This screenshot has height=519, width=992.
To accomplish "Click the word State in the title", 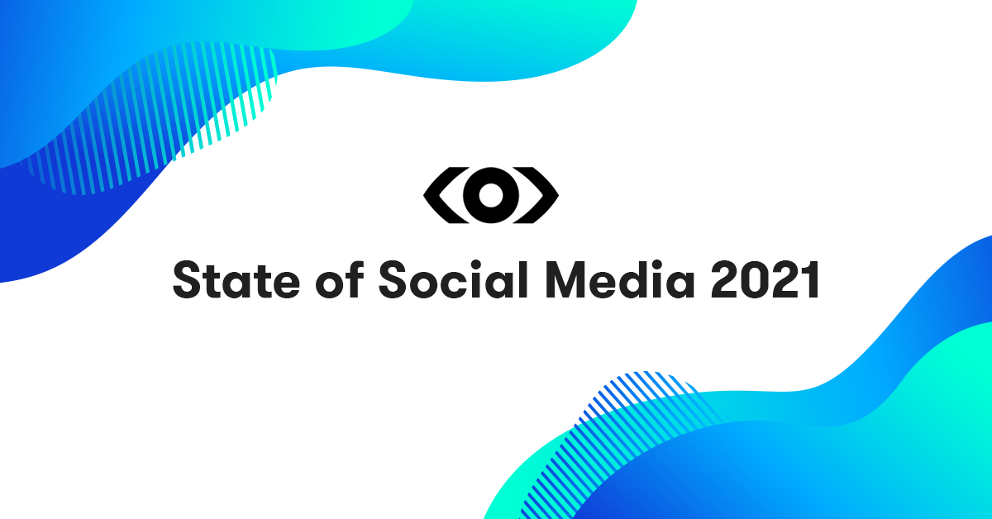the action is click(x=236, y=280).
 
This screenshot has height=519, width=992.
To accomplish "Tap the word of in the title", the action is click(x=340, y=279).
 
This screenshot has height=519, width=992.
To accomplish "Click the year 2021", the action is click(x=765, y=280).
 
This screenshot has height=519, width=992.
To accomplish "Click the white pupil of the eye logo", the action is click(x=491, y=195).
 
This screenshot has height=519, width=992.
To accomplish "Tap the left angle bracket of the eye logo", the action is click(x=446, y=195).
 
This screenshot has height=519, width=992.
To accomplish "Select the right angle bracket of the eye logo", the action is click(x=536, y=195).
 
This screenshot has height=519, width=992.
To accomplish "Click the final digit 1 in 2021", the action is click(x=811, y=280).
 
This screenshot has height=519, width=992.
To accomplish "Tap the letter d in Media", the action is click(x=635, y=279).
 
